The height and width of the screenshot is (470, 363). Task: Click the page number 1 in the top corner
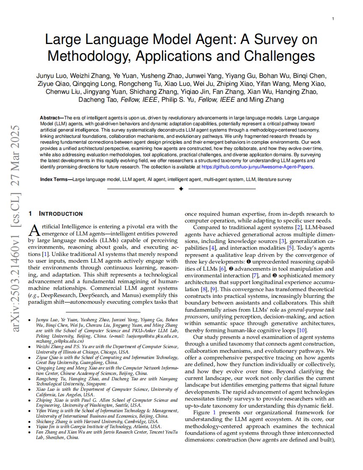coord(332,18)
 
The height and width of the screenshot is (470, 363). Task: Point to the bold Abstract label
coord(50,118)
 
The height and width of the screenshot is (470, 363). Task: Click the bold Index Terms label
coord(55,179)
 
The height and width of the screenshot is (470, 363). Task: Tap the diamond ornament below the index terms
coord(181,189)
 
